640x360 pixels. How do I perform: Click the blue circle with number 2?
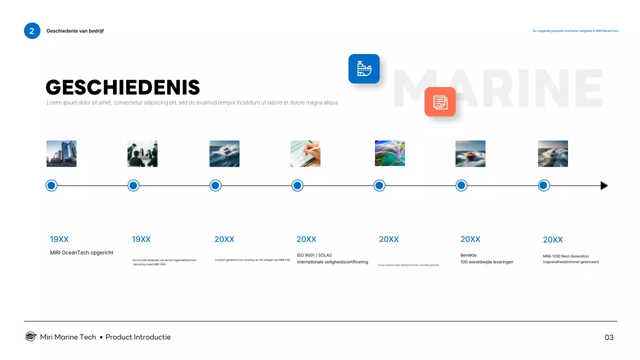click(32, 31)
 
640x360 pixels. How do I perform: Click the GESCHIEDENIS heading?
click(122, 87)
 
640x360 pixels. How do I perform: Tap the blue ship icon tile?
click(364, 68)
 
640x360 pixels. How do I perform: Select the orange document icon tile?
click(440, 101)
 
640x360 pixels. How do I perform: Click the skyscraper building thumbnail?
click(61, 153)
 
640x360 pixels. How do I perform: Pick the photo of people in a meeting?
click(142, 153)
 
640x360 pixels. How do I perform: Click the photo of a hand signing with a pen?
click(305, 153)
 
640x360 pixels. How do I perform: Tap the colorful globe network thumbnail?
click(390, 153)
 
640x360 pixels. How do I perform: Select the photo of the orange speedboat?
click(470, 153)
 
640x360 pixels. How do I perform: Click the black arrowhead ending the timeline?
click(604, 186)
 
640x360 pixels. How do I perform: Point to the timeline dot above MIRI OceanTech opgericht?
click(51, 185)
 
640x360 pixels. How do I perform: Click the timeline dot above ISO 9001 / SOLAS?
click(297, 185)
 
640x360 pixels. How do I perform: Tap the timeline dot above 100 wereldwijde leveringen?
click(461, 185)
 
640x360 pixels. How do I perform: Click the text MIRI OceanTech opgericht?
click(81, 252)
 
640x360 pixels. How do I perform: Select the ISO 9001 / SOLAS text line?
click(314, 255)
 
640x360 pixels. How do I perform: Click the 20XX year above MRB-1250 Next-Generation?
click(552, 240)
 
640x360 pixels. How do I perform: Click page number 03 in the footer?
click(609, 337)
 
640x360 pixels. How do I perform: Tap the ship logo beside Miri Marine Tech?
click(31, 336)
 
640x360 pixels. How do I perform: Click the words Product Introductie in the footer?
click(138, 337)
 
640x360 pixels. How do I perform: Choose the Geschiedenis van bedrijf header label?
click(75, 31)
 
